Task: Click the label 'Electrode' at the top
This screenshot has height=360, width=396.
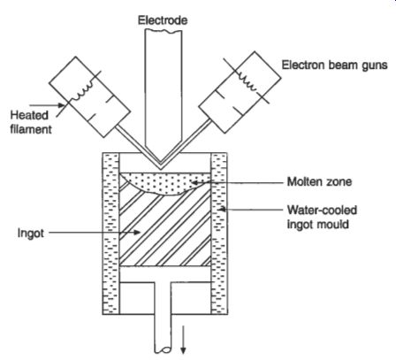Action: click(x=163, y=20)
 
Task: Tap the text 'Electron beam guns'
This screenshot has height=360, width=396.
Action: click(x=334, y=65)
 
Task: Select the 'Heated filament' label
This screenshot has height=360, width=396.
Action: click(x=30, y=122)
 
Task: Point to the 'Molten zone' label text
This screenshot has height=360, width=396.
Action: click(x=319, y=181)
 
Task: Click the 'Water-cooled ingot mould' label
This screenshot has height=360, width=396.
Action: click(x=322, y=217)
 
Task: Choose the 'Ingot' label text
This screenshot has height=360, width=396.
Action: click(x=31, y=233)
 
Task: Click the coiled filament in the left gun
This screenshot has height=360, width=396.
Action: click(x=84, y=90)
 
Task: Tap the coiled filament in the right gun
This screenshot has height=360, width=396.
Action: click(x=247, y=80)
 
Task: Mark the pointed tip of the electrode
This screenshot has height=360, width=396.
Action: click(x=161, y=170)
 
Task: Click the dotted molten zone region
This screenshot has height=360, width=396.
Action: click(x=165, y=183)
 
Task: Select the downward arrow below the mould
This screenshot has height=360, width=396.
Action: click(x=183, y=339)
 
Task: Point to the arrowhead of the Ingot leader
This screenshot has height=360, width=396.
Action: click(x=136, y=233)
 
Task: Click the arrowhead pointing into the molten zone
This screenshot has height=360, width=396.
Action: click(x=194, y=182)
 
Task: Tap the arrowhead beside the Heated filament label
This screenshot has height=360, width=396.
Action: click(x=61, y=105)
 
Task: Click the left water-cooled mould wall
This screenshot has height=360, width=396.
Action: click(x=110, y=234)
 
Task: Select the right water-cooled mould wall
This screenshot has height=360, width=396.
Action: click(x=219, y=234)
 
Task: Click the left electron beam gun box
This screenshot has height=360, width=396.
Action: click(x=89, y=96)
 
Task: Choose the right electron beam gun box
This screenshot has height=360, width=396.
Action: click(x=240, y=92)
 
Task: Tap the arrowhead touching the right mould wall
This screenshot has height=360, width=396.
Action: click(x=222, y=209)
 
